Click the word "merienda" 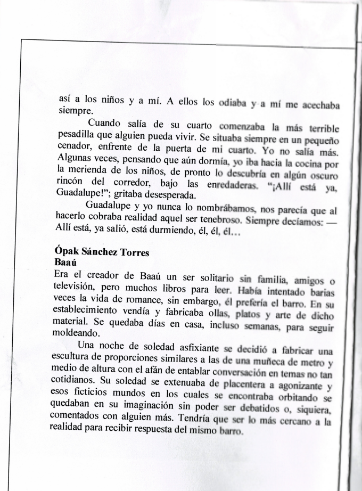tap(90, 174)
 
